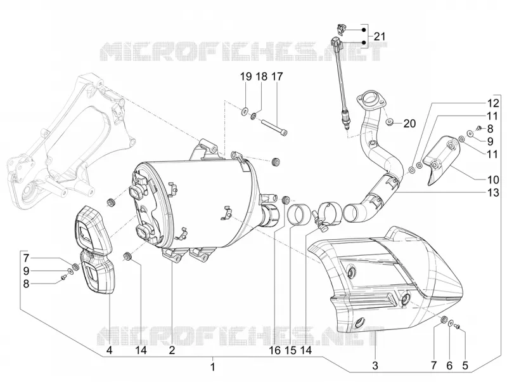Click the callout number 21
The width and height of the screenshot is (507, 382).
[380, 37]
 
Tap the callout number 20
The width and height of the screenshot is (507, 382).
[409, 124]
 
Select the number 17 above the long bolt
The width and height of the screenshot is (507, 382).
[277, 77]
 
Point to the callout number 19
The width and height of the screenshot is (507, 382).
[246, 77]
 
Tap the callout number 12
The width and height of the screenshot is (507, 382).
[493, 103]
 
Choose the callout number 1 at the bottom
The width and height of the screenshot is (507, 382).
[212, 367]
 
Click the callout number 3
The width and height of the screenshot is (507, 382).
[375, 366]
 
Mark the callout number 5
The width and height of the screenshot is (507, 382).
[465, 366]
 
